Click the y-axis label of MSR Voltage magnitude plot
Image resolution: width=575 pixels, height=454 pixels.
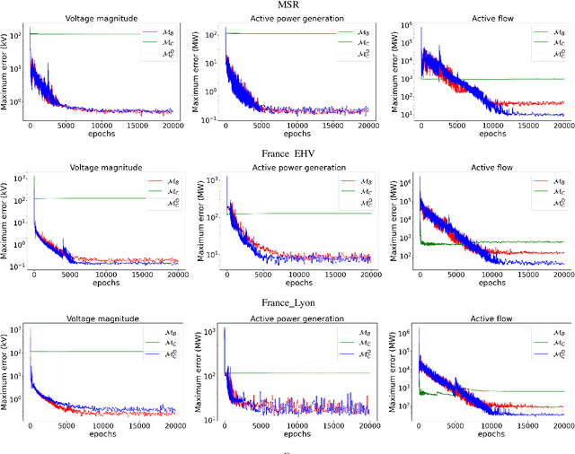6,72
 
